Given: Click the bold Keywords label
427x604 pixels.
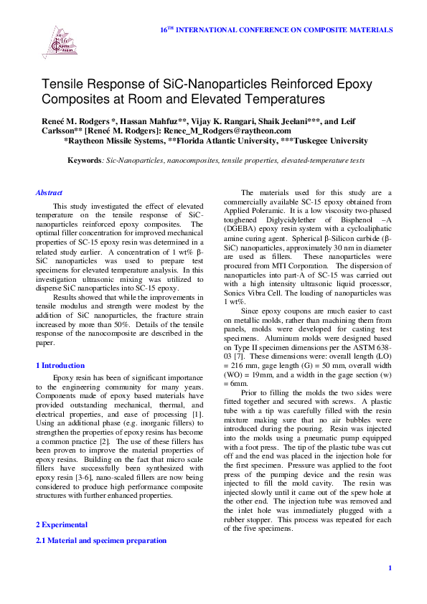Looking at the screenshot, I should click(x=83, y=161).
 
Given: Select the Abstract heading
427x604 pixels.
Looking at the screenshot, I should click(x=49, y=192).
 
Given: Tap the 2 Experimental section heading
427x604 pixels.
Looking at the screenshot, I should click(x=62, y=524).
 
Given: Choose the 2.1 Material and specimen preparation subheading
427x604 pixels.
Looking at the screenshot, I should click(x=101, y=540).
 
